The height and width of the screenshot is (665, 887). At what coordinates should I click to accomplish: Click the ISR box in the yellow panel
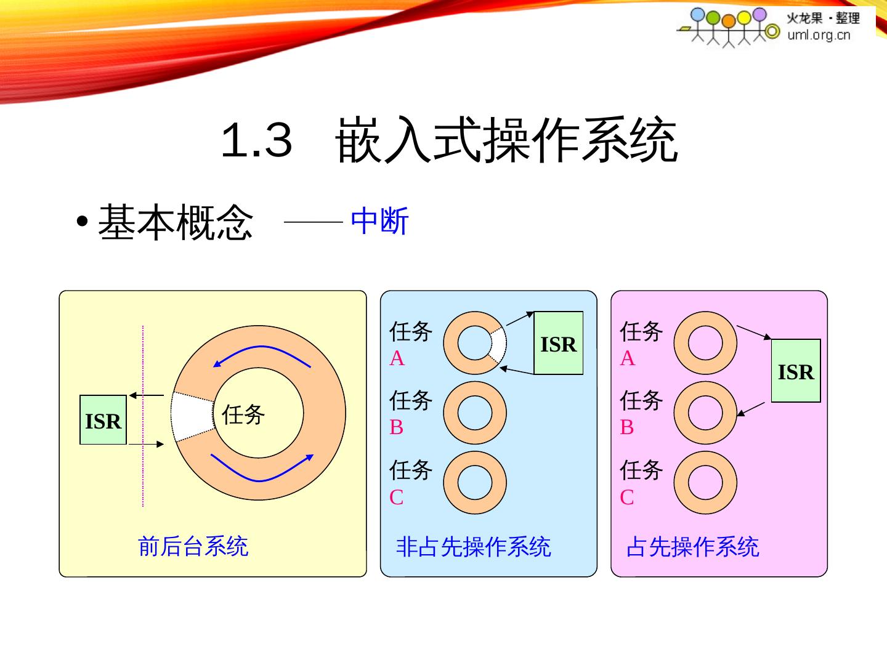point(103,420)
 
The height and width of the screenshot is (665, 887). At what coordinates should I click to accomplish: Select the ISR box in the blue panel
point(558,343)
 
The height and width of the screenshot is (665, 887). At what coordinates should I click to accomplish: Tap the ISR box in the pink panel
point(796,371)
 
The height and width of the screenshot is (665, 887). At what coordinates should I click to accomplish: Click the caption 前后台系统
point(193,546)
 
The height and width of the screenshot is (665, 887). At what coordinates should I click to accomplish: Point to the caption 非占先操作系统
point(473,546)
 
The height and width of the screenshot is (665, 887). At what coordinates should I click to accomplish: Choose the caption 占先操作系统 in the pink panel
point(692,546)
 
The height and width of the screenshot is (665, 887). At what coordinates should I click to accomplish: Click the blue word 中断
point(379,221)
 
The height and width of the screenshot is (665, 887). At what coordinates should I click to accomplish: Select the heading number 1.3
point(256,140)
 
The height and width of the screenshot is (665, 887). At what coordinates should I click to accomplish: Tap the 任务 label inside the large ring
point(243,414)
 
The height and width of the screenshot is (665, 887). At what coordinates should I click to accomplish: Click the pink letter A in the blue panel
point(397,358)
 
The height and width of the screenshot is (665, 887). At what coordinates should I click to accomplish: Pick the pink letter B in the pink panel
point(626,427)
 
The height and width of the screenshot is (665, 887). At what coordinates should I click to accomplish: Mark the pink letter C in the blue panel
point(397,497)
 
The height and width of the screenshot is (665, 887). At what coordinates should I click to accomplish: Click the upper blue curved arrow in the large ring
point(261,354)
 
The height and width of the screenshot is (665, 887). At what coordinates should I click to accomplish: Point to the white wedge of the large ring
point(192,416)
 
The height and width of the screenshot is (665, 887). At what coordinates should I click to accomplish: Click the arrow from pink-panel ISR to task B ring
point(751,409)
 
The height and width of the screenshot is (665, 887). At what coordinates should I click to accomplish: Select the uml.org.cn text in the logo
point(818,34)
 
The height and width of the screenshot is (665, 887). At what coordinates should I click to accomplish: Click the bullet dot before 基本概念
point(83,222)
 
